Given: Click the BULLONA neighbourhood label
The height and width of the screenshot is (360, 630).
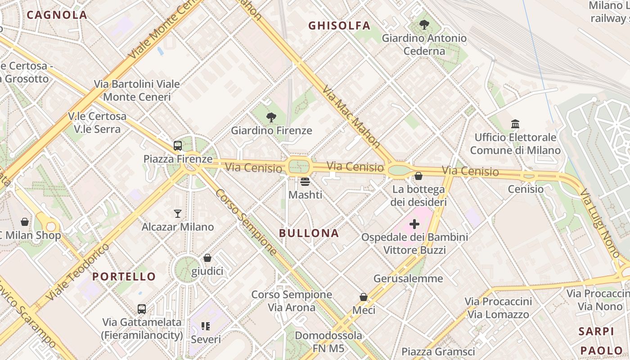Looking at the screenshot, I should (x=309, y=233).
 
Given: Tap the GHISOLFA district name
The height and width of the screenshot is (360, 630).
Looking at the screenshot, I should (x=339, y=26).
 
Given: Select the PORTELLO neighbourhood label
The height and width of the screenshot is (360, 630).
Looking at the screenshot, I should (x=124, y=276).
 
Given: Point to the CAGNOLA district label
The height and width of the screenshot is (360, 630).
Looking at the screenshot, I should (x=57, y=15).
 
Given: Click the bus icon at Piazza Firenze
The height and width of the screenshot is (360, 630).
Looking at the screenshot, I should (x=178, y=146).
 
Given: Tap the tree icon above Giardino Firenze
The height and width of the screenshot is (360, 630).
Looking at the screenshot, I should (x=271, y=118).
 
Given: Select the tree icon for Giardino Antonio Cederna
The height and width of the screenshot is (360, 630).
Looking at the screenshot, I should (x=424, y=25).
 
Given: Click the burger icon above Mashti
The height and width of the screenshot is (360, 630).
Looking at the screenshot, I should (x=305, y=182).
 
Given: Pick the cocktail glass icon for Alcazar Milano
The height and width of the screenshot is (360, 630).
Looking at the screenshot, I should (x=178, y=213).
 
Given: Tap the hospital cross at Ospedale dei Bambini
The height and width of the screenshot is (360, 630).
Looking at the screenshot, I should (x=414, y=224).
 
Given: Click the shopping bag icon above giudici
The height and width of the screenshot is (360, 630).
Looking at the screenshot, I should (x=207, y=258).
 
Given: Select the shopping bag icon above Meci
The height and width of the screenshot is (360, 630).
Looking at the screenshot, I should (x=364, y=297).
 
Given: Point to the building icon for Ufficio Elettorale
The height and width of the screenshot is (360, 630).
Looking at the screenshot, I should (x=515, y=124).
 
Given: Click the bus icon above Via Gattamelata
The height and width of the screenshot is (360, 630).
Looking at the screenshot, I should (x=142, y=309).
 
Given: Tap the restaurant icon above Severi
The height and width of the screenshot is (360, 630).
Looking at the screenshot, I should (x=206, y=326).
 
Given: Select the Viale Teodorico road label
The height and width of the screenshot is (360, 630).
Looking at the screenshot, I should (x=77, y=272).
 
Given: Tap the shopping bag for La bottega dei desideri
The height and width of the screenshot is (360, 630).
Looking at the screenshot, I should (x=418, y=176).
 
